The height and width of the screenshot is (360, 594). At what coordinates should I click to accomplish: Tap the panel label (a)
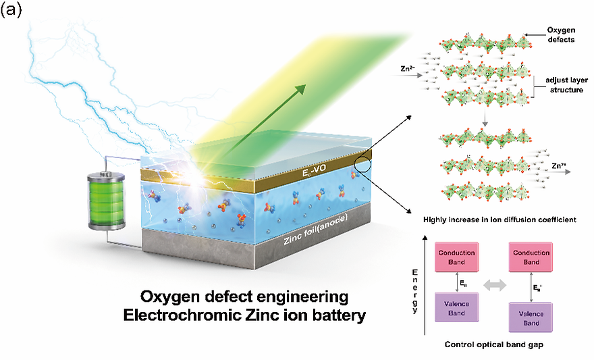tap(15, 11)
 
